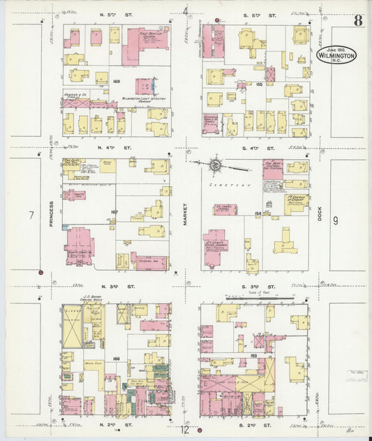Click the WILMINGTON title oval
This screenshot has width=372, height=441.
point(336,54)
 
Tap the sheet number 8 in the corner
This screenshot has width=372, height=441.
point(357,20)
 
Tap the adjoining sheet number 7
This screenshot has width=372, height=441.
point(31,216)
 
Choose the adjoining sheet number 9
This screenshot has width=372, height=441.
point(336,221)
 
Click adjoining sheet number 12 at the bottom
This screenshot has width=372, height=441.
point(186,431)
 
